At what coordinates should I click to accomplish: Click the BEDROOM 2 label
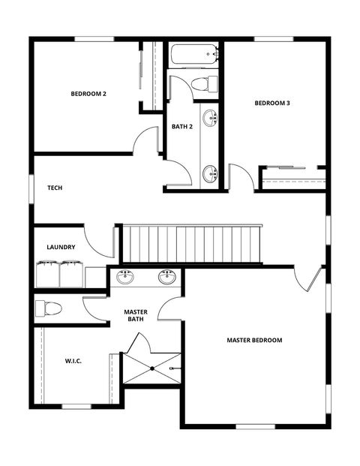coord(88,94)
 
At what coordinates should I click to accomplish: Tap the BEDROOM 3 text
coord(271,104)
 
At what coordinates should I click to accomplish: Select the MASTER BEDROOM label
coord(254,340)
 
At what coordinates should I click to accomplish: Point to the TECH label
coord(55,188)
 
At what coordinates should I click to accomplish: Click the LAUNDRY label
coord(60,247)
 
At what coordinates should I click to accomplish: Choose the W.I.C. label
coord(73,361)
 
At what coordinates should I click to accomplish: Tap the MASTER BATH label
coord(135,315)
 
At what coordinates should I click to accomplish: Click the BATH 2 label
coord(182,127)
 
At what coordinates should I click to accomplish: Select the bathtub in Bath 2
coord(193,55)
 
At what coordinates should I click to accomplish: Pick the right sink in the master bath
coord(166,278)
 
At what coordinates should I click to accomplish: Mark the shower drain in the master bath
coord(152,368)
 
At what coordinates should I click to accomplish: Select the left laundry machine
coord(49,273)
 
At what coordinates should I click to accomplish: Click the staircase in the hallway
coord(192,243)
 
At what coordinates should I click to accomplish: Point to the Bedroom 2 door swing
coord(148,140)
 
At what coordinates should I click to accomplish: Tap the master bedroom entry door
coord(310,278)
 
